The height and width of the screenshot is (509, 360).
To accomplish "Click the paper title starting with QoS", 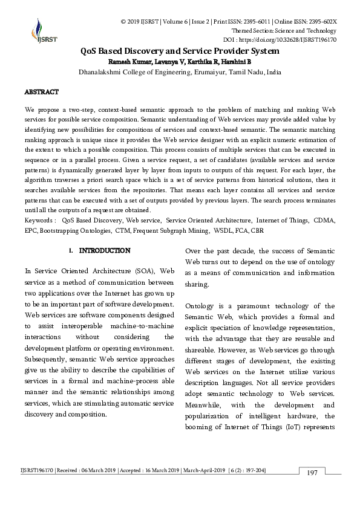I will (x=180, y=51).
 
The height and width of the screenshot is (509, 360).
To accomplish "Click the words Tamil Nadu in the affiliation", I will (x=246, y=71).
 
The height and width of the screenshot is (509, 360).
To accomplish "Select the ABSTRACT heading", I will (x=41, y=92).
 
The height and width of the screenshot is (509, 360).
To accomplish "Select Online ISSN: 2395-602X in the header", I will (x=306, y=21).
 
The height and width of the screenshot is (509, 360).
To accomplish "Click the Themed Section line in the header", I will (x=284, y=30).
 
